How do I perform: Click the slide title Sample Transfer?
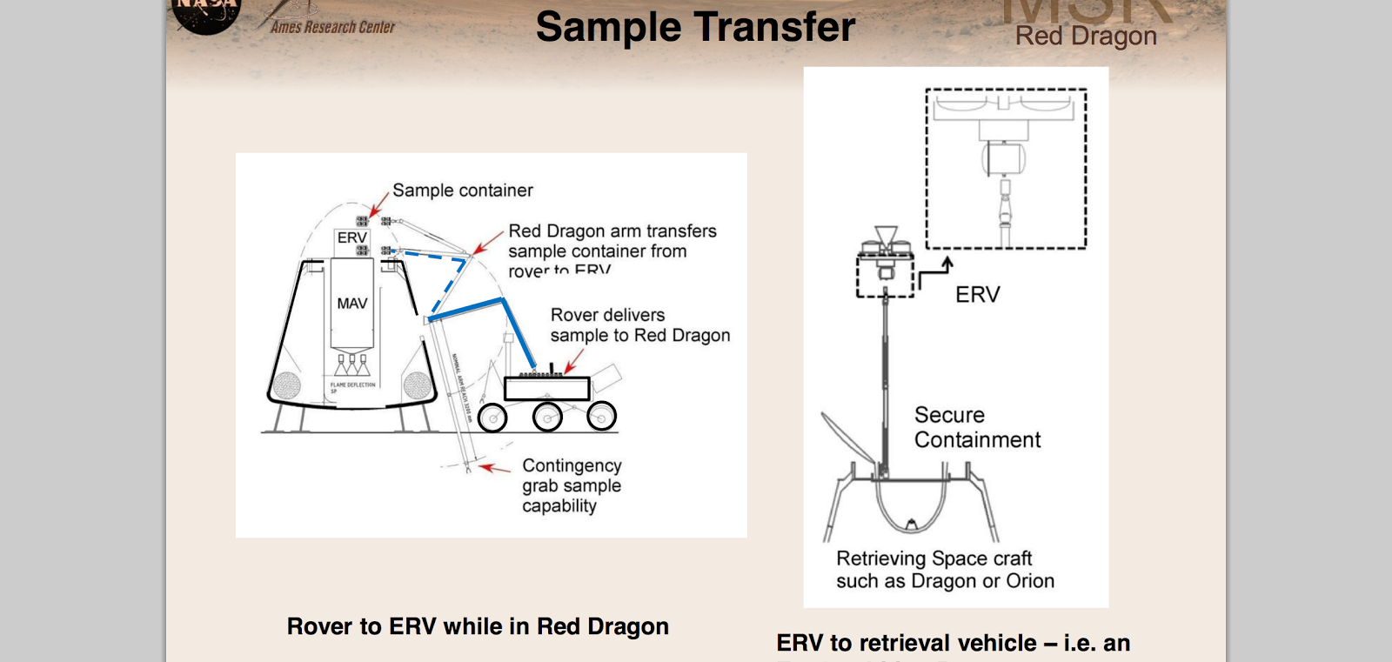coord(695,27)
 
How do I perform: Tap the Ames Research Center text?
coord(332,27)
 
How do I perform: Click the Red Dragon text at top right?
coord(1086,37)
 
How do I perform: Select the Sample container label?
coord(462,191)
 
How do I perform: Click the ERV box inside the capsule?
coord(351,237)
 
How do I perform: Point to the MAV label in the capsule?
coord(351,304)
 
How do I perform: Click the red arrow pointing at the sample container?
coord(379,204)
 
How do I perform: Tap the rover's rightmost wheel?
coord(601,417)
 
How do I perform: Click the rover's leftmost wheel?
coord(492,418)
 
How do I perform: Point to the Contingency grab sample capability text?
coord(572,485)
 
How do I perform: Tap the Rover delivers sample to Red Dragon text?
coord(639,325)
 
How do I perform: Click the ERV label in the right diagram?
coord(977,295)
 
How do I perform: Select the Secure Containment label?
coord(976,427)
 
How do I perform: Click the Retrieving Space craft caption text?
coord(945,570)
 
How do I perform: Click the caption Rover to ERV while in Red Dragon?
coord(478,626)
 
